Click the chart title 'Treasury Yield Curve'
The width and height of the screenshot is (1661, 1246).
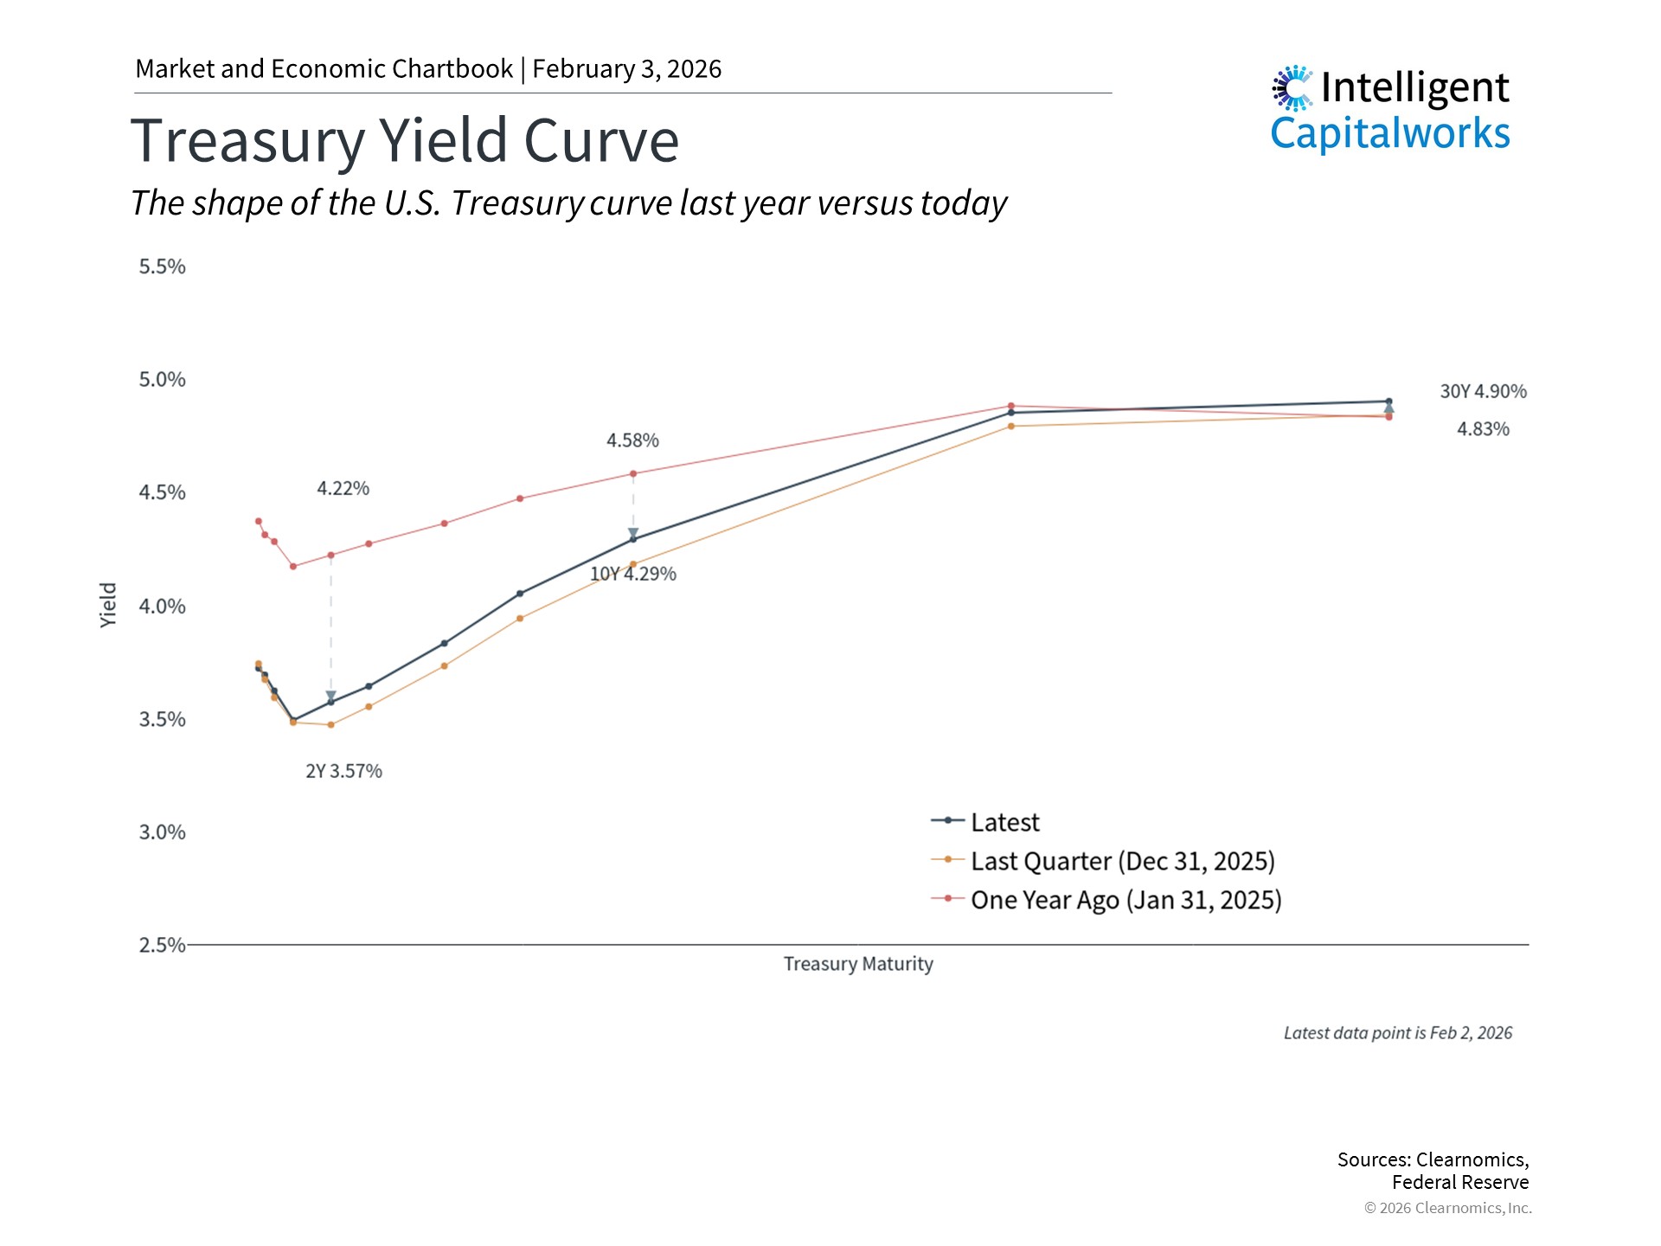[404, 141]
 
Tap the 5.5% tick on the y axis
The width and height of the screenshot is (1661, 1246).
[162, 267]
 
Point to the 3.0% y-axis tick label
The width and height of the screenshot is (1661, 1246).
[162, 832]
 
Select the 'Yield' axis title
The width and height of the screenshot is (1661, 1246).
[108, 605]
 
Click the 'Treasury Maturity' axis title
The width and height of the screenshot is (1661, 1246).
[858, 964]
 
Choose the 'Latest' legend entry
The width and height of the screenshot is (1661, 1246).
[1004, 822]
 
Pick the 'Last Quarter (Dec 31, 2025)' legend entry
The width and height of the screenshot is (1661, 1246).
[1122, 861]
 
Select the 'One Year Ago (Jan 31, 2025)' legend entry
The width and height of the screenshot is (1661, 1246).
[1126, 900]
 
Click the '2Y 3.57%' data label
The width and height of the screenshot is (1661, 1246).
[343, 771]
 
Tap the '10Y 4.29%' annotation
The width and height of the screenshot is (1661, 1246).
[633, 574]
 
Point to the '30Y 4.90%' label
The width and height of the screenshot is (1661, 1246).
[1483, 391]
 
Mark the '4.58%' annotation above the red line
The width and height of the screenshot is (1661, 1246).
[632, 440]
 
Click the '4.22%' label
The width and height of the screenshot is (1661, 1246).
[343, 488]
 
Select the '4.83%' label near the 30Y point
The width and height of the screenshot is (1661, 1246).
[1483, 429]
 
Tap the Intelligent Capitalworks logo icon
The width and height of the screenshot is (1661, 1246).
[1292, 88]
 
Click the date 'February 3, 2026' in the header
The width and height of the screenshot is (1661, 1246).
[626, 69]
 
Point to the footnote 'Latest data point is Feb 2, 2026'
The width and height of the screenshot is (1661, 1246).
[1397, 1033]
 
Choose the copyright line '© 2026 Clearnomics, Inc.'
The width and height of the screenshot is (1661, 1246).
[1447, 1208]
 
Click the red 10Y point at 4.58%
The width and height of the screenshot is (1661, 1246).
[633, 473]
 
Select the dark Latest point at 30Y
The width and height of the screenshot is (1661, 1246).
[1388, 401]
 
